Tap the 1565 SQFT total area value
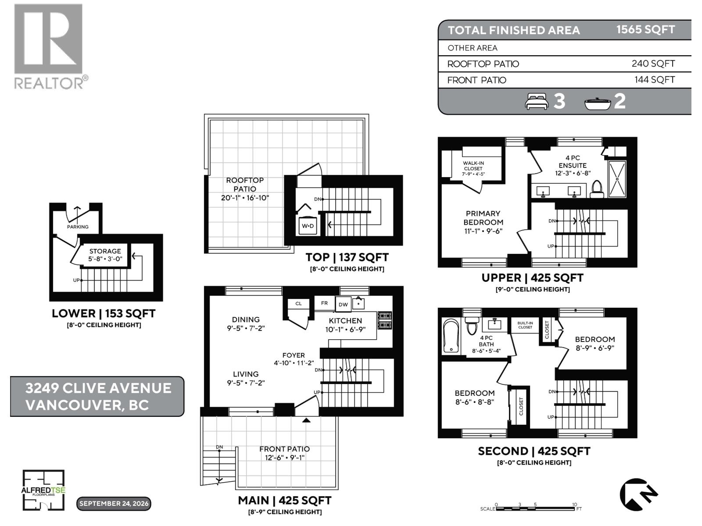pos(645,30)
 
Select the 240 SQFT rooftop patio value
pos(653,64)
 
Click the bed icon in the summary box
pos(536,101)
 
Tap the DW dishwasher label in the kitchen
pos(343,304)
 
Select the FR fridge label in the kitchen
pos(324,303)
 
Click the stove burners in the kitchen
pos(385,320)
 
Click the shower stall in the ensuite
pos(617,179)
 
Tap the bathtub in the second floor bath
pos(451,336)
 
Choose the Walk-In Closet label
pos(473,166)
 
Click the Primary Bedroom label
pos(483,218)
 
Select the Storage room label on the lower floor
pos(105,251)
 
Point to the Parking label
pos(78,227)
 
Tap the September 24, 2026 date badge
pos(114,504)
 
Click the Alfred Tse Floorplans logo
pos(43,490)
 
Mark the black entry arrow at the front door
pos(306,420)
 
